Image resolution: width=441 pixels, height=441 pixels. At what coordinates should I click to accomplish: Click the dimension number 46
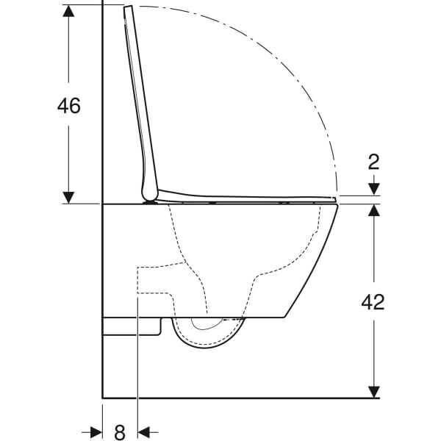[68, 105]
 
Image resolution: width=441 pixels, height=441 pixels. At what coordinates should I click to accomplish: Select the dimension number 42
[373, 301]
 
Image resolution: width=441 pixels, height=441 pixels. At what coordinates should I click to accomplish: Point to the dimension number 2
[373, 162]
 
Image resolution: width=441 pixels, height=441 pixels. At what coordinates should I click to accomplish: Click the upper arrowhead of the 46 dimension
[68, 11]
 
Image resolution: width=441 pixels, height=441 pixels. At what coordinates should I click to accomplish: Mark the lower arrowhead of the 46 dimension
[68, 196]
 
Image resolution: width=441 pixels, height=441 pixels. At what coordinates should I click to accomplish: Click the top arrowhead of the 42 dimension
[373, 211]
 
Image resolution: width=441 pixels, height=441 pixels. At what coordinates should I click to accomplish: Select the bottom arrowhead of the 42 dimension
[373, 392]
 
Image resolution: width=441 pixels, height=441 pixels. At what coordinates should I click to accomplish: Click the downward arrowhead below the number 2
[373, 190]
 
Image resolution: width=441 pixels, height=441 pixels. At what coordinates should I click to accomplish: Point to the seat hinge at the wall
[151, 197]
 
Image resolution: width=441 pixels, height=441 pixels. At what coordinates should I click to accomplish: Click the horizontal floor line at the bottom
[243, 398]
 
